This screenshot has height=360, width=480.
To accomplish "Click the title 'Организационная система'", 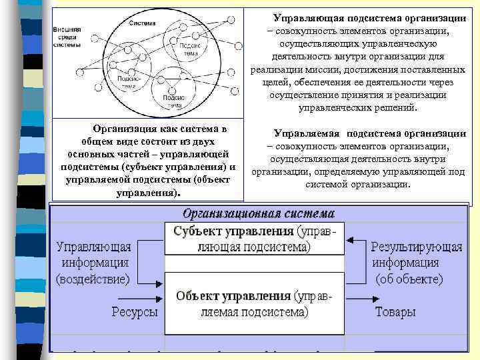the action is tap(259, 215).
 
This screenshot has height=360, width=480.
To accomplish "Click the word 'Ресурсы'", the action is tap(135, 312).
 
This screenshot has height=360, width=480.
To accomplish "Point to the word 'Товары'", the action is tap(395, 312).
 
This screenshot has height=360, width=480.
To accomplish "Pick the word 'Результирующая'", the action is tap(417, 247).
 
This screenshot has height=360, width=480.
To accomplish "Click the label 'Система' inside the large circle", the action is tap(143, 23).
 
